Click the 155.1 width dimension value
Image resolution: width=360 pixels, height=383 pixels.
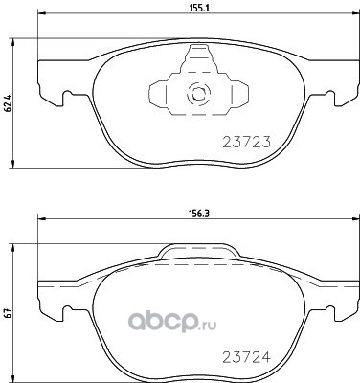[199, 9]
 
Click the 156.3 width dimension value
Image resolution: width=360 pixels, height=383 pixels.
[199, 214]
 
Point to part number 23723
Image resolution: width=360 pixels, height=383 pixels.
[246, 142]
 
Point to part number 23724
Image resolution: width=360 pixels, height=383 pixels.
[246, 357]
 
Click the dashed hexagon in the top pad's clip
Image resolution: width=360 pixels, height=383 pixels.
[198, 94]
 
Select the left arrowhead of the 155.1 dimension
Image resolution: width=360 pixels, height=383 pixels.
[42, 13]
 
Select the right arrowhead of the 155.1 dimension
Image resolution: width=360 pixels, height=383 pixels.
[355, 13]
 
